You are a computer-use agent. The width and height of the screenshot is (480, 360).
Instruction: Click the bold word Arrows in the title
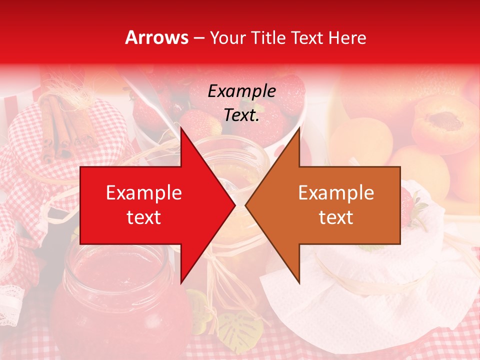click(157, 37)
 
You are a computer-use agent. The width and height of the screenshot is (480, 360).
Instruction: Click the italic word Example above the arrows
click(242, 91)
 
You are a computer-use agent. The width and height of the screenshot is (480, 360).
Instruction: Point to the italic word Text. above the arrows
click(242, 115)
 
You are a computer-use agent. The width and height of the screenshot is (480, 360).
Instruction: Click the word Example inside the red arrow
click(144, 193)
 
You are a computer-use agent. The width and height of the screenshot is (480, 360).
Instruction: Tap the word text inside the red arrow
click(144, 217)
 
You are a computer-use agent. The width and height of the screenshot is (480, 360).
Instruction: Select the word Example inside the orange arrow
click(336, 193)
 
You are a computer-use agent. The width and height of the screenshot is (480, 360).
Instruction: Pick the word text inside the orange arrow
click(336, 217)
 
